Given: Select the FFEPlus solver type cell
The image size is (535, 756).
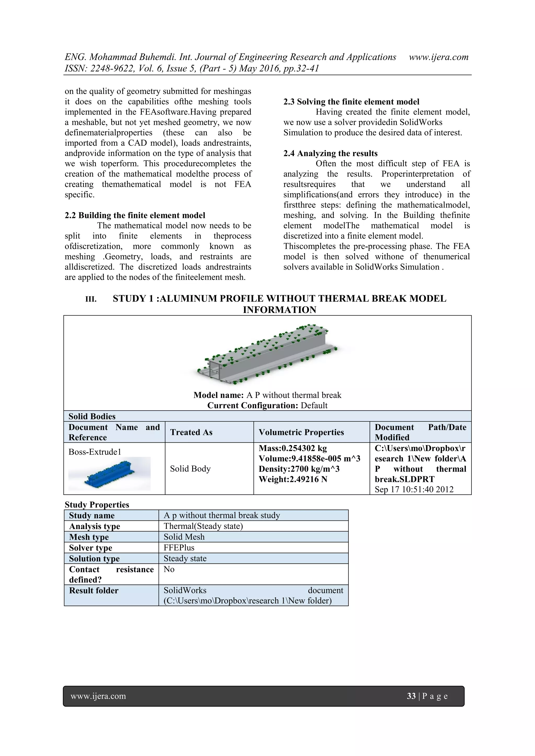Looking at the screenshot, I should click(x=179, y=548).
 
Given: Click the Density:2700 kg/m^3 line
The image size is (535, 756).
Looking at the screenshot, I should click(x=299, y=469).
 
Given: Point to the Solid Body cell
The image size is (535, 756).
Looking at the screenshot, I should click(x=190, y=469).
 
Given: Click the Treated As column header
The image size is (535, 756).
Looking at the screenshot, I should click(x=191, y=432).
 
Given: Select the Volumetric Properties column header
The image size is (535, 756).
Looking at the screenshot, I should click(x=301, y=432).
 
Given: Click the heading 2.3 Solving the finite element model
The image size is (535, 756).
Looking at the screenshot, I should click(x=351, y=102).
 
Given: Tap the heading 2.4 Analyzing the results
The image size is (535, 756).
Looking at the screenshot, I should click(x=330, y=153).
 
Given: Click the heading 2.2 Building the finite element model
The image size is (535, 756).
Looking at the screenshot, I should click(x=135, y=215).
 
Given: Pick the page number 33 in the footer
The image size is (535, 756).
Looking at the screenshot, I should click(x=411, y=696).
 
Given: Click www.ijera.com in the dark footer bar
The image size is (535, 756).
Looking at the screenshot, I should click(x=98, y=696).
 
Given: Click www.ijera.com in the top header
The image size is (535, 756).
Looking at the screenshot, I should click(x=439, y=57).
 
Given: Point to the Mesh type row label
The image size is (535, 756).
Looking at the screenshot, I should click(x=89, y=537).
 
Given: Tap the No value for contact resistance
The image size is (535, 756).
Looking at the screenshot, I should click(x=169, y=569).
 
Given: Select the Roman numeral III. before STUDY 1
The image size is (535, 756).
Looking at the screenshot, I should click(x=91, y=299).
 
